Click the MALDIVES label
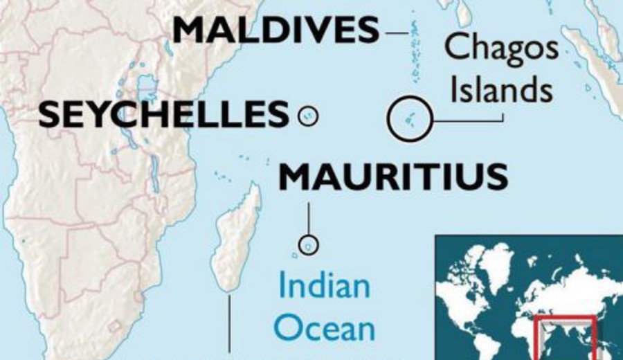(276, 30)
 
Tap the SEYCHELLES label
(163, 115)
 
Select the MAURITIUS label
(392, 178)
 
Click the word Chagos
(500, 48)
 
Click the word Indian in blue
(324, 286)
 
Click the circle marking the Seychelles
(308, 116)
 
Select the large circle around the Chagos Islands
(410, 118)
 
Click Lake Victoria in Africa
(147, 87)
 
